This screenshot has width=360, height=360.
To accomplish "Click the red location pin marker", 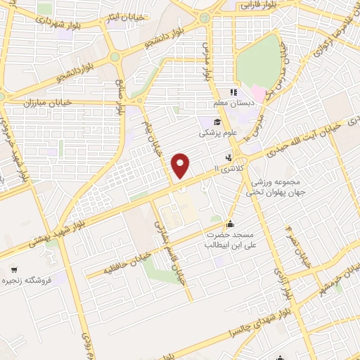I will click(182, 165).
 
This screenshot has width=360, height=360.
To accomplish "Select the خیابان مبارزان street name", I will click(29, 103).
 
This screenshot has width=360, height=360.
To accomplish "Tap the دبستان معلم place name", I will click(234, 104).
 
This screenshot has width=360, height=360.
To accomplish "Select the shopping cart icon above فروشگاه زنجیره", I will click(13, 270).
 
